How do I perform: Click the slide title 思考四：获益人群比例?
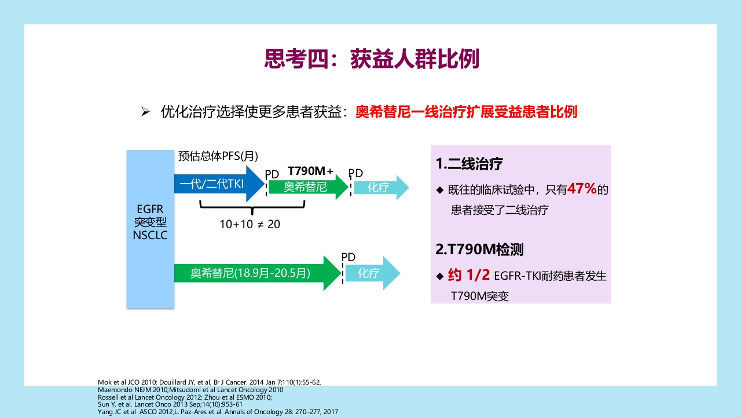(x=371, y=59)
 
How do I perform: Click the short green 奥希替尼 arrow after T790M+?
(x=307, y=187)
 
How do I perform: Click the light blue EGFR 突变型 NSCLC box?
(x=150, y=229)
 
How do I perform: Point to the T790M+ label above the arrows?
(x=310, y=171)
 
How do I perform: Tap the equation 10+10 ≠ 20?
(x=250, y=224)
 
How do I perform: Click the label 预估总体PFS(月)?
(x=218, y=156)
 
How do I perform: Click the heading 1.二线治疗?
(x=469, y=164)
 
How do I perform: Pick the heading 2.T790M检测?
(x=479, y=250)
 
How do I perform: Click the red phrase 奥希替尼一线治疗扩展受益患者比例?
(x=466, y=112)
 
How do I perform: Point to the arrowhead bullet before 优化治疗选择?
(x=146, y=112)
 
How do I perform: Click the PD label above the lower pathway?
(x=348, y=257)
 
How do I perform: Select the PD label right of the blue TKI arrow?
(x=272, y=174)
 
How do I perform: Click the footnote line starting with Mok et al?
(x=209, y=382)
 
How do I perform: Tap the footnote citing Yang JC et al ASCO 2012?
(x=218, y=412)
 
